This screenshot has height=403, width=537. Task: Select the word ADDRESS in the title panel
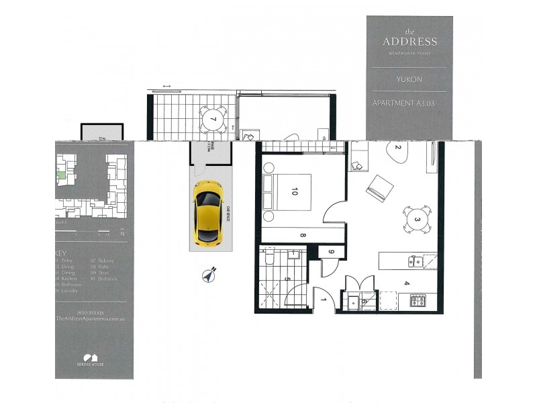(409, 42)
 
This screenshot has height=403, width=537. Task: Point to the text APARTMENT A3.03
(409, 103)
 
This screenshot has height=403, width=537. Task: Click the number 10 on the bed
(294, 191)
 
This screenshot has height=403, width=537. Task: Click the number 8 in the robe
(303, 235)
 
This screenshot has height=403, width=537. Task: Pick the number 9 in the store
(331, 253)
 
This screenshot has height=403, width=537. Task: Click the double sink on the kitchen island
(416, 261)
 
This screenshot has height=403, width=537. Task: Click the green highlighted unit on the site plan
(61, 175)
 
